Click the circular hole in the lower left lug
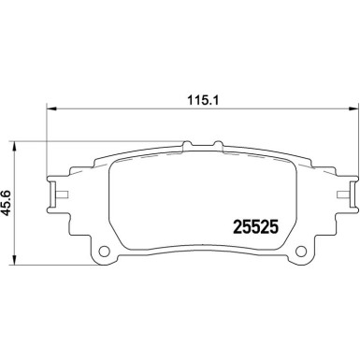pyautogui.click(x=106, y=252)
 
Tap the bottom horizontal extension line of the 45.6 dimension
pyautogui.click(x=56, y=263)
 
